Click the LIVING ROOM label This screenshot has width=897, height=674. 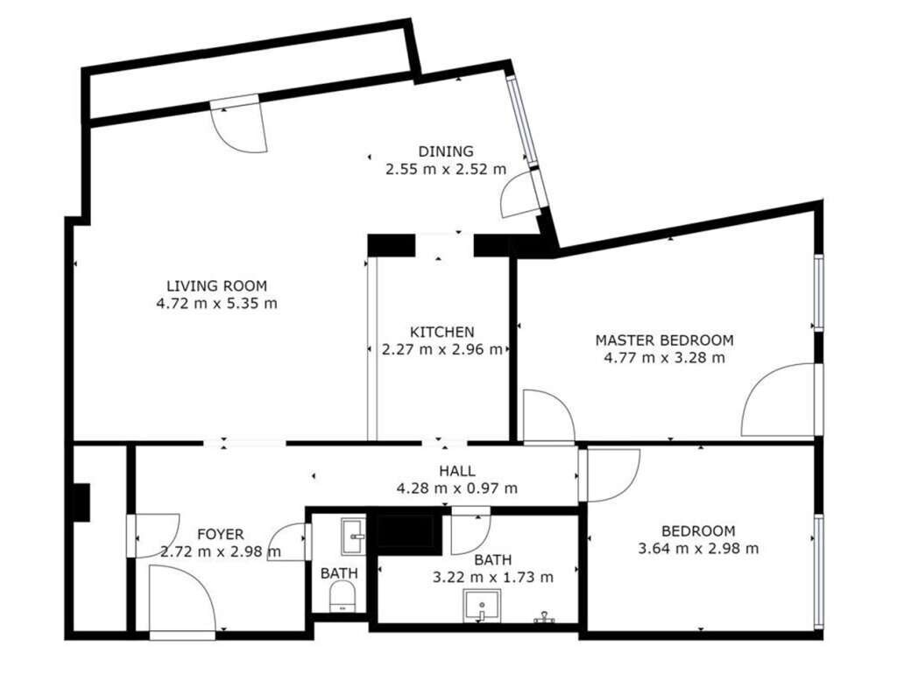click(x=217, y=285)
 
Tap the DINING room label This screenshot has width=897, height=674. click(x=446, y=151)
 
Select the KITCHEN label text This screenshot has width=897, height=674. click(x=442, y=332)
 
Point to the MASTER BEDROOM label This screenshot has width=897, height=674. click(x=664, y=341)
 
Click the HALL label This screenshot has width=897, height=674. click(x=457, y=471)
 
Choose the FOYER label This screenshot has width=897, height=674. click(x=220, y=535)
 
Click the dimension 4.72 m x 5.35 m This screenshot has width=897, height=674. click(x=217, y=303)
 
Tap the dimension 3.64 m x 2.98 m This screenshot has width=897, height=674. click(x=698, y=549)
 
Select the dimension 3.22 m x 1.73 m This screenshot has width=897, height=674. click(x=493, y=578)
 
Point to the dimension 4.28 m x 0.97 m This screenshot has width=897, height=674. click(x=457, y=488)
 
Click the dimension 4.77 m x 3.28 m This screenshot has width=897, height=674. click(x=664, y=358)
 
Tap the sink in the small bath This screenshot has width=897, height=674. click(x=353, y=537)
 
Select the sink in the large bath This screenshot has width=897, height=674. click(x=482, y=606)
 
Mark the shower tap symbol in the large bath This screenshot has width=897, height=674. click(x=545, y=617)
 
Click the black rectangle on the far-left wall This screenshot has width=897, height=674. click(x=81, y=502)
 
